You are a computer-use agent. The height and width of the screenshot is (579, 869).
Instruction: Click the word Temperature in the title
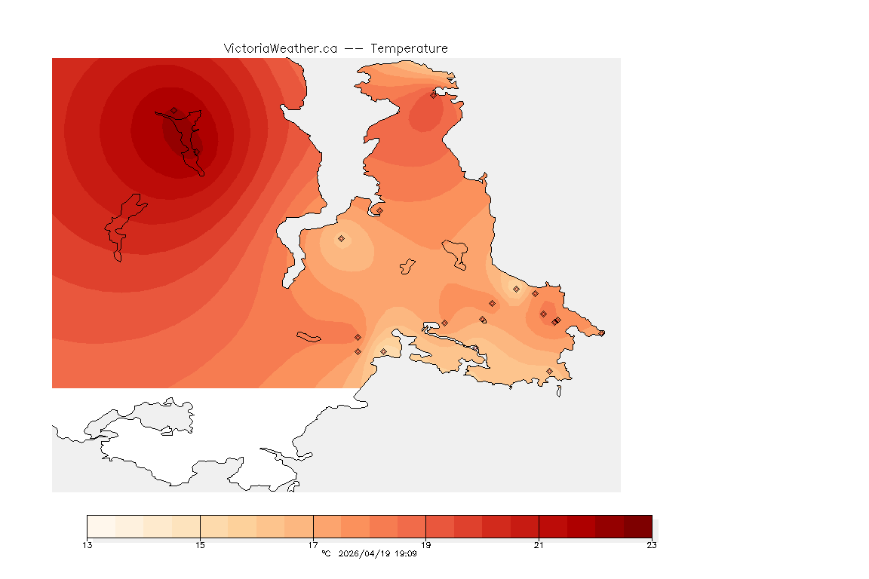(x=410, y=48)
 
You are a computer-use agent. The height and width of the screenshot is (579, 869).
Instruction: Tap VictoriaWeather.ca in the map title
(x=280, y=48)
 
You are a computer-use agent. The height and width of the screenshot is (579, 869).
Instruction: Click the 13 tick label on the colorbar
(x=88, y=545)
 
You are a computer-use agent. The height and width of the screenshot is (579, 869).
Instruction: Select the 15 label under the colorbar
(x=200, y=545)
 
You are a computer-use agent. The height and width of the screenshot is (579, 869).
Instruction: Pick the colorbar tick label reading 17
(x=313, y=545)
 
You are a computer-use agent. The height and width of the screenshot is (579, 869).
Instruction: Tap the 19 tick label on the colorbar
(x=425, y=545)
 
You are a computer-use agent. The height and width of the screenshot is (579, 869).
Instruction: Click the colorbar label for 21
(x=539, y=545)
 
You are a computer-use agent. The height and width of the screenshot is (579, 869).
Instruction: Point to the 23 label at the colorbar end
(x=651, y=545)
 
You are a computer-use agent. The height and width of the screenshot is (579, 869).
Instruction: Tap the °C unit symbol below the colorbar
(x=326, y=554)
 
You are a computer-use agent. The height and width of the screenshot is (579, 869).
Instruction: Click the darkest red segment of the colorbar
(x=637, y=525)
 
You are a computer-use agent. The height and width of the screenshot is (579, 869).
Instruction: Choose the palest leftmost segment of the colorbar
(x=101, y=525)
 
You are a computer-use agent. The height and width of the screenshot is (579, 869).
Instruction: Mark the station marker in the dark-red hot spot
(x=174, y=110)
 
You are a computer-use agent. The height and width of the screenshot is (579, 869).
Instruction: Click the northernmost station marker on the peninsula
(x=434, y=94)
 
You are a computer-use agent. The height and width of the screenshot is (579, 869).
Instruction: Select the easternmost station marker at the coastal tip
(x=601, y=332)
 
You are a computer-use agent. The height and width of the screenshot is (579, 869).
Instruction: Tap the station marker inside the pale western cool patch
(x=341, y=238)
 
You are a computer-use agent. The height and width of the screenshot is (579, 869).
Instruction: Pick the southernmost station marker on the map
(x=549, y=371)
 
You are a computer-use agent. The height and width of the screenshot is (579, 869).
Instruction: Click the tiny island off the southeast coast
(x=559, y=391)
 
